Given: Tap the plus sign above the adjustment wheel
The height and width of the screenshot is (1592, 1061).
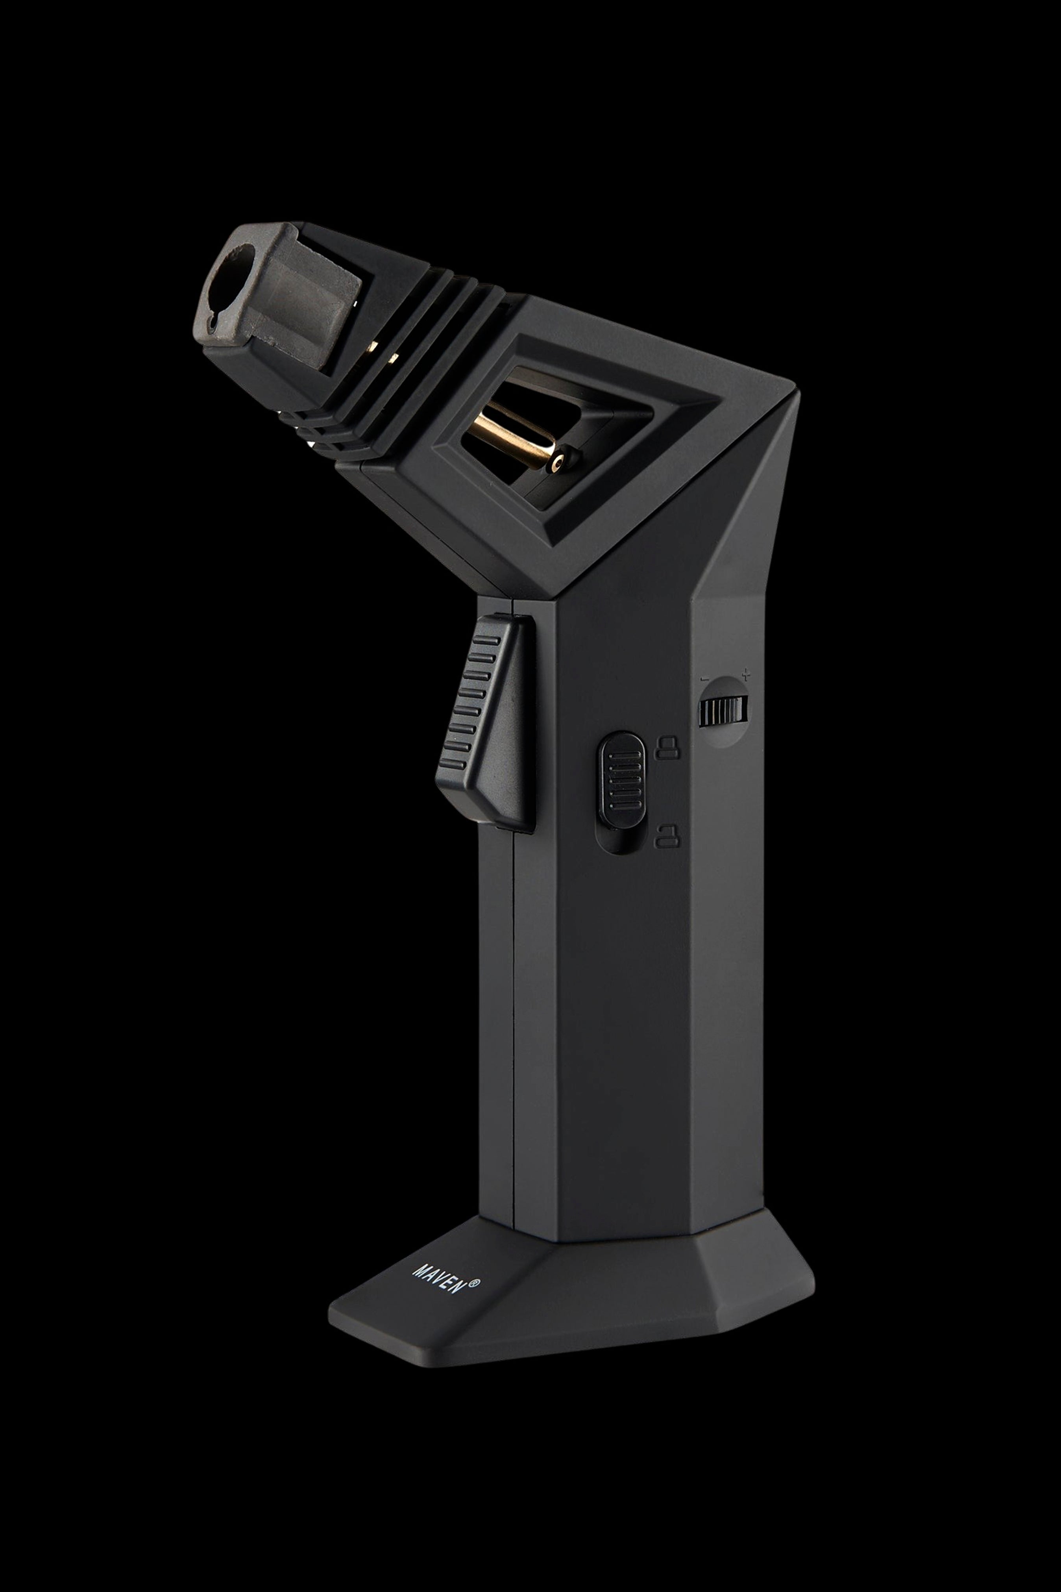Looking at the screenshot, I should pyautogui.click(x=746, y=674).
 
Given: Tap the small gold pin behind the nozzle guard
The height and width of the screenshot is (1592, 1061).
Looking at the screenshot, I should pyautogui.click(x=371, y=350).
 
